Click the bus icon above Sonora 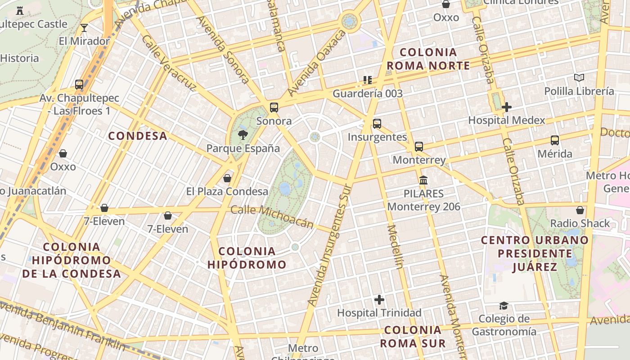click(x=274, y=108)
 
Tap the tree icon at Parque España click(x=243, y=135)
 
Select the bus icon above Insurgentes click(x=377, y=123)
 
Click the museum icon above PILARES click(x=423, y=180)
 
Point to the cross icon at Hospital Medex click(x=507, y=107)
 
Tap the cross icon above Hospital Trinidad click(x=379, y=299)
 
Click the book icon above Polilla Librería click(x=579, y=78)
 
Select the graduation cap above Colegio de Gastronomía click(x=504, y=306)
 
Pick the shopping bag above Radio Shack click(x=580, y=210)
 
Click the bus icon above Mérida click(x=555, y=140)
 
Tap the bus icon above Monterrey click(x=419, y=146)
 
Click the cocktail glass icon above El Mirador click(x=84, y=28)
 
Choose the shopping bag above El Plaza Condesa click(x=227, y=178)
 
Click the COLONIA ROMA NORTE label click(x=428, y=59)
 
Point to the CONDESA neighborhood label click(x=138, y=136)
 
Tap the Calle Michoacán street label click(x=272, y=216)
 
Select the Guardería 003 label click(x=368, y=94)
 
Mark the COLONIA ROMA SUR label click(x=413, y=337)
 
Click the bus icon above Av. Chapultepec click(x=79, y=84)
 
